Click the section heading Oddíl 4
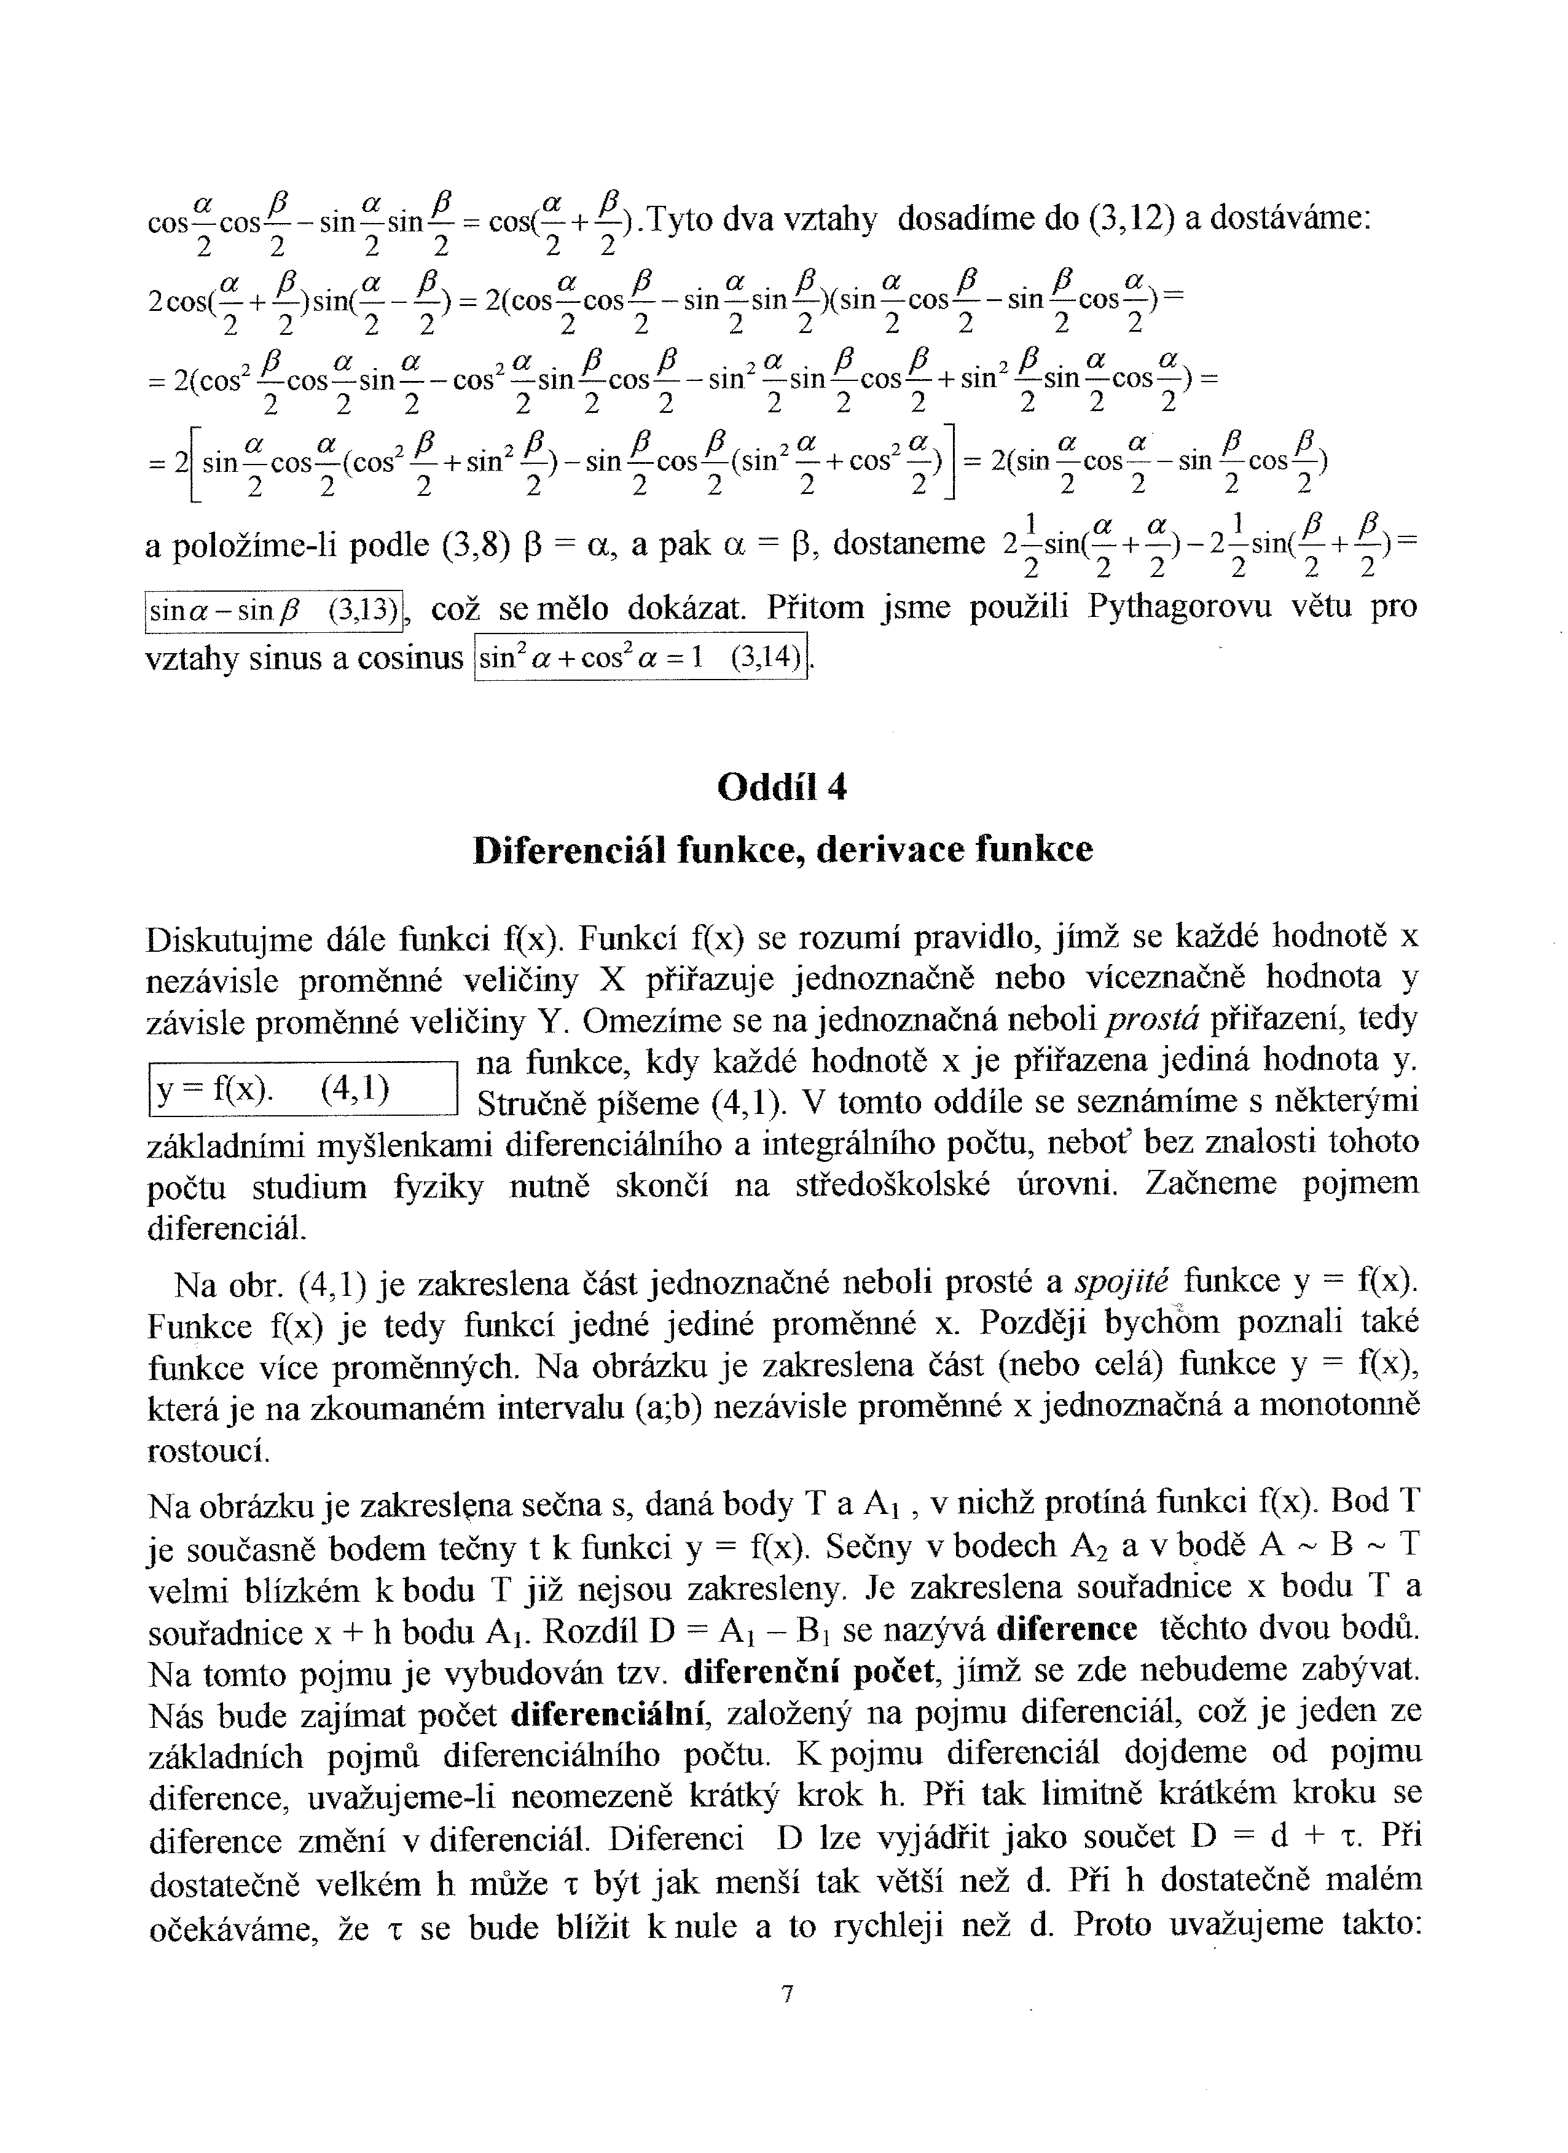[x=782, y=787]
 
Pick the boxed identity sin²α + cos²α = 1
[x=641, y=658]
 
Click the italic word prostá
[x=1154, y=1019]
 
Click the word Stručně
[x=537, y=1103]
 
